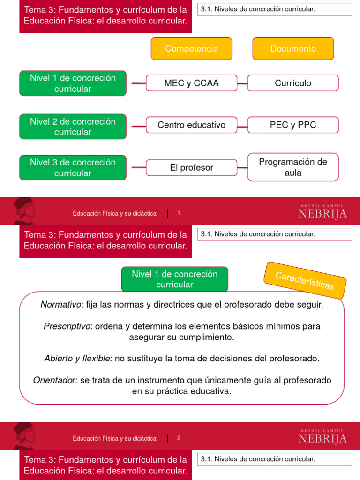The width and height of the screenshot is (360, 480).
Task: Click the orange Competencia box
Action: tap(191, 49)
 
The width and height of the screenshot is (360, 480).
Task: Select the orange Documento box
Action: tap(293, 49)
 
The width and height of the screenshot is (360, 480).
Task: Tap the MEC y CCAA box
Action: tap(191, 83)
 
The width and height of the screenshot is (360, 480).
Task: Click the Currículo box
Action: tap(293, 83)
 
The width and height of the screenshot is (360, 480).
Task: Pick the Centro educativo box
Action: tap(191, 125)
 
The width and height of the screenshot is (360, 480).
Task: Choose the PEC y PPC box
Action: tap(293, 125)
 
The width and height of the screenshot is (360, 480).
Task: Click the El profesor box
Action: tap(191, 167)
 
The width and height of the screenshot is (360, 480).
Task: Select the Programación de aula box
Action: tap(293, 167)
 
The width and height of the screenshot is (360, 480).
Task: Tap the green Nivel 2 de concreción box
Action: tap(73, 127)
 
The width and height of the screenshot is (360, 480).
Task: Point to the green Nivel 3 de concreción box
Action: tap(73, 167)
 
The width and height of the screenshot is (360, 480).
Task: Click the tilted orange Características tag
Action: tap(305, 280)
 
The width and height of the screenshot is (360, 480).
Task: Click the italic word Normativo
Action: tap(60, 305)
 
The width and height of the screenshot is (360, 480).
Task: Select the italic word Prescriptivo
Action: tap(67, 326)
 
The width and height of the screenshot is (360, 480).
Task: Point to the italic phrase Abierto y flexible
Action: tap(77, 359)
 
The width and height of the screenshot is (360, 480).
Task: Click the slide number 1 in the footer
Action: tap(179, 213)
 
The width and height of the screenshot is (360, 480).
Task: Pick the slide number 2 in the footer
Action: tap(179, 438)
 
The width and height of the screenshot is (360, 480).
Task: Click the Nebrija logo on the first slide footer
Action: tap(322, 212)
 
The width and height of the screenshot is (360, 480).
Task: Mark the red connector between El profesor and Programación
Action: tap(242, 167)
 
